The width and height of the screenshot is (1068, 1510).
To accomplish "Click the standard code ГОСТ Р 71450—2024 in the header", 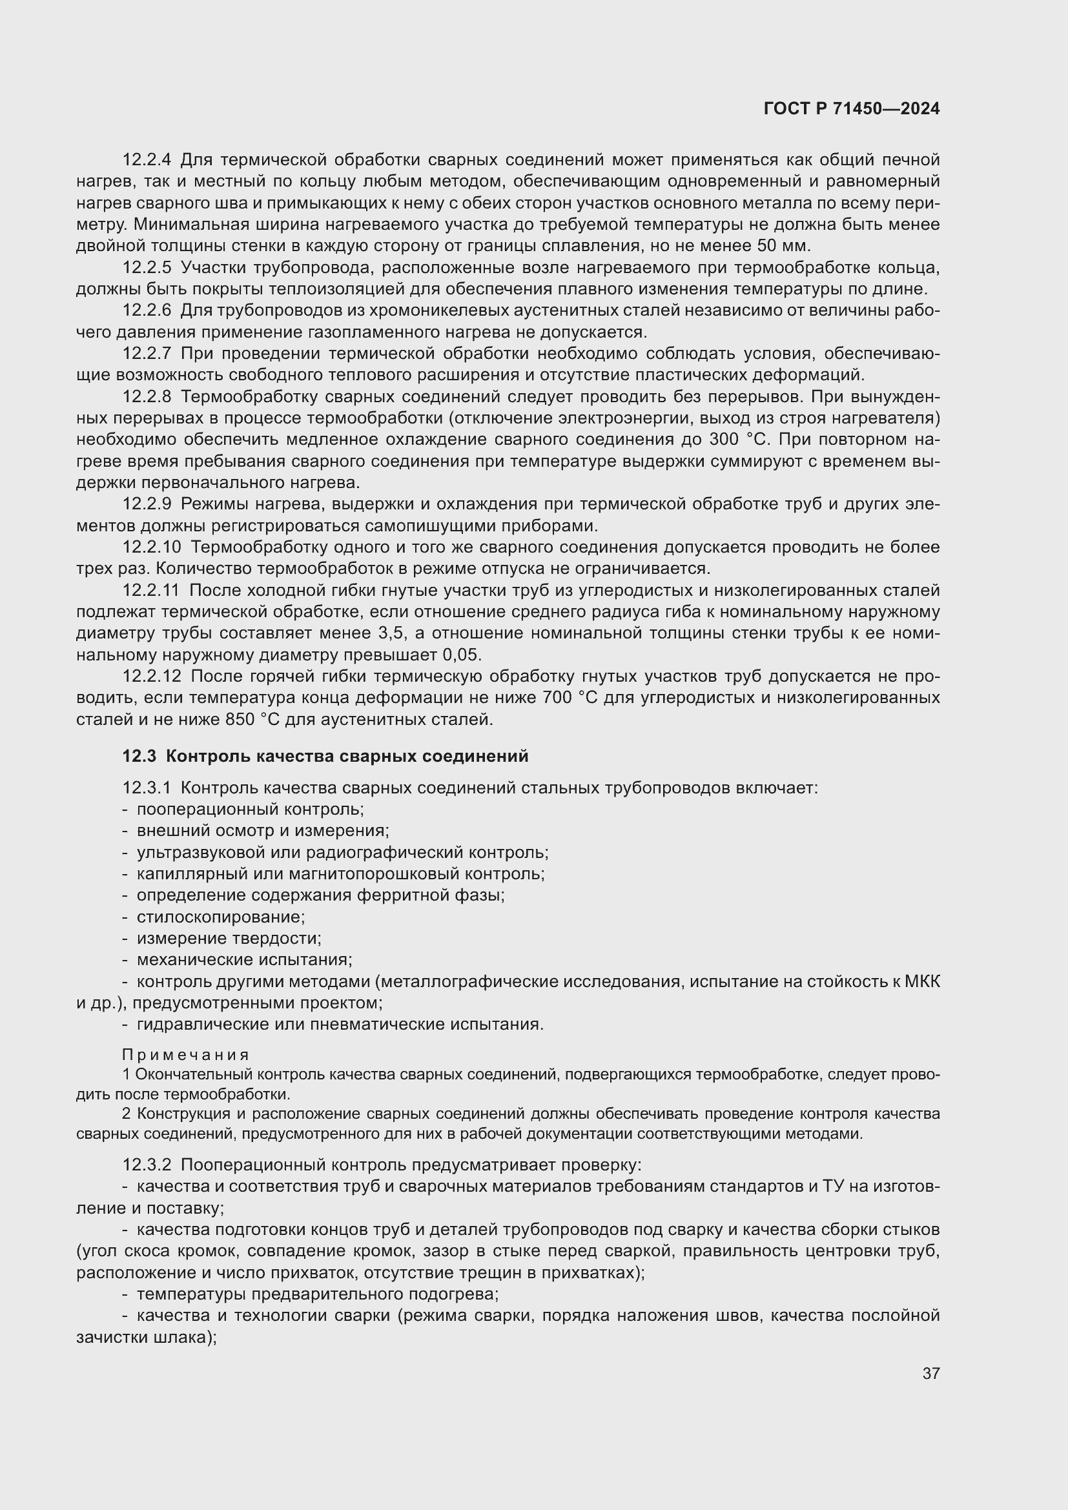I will [852, 109].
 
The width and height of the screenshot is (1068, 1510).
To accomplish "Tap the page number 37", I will [930, 1373].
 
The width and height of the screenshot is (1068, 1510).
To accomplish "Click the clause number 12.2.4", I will [147, 160].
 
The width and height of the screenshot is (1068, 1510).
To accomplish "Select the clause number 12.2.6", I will [147, 310].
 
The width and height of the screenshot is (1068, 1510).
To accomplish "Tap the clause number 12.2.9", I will [147, 504].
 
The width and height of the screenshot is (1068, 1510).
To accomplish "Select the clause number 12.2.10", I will [151, 547].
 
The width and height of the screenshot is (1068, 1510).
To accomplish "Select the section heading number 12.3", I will [139, 757].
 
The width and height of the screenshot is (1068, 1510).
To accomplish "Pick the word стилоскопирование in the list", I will [220, 917].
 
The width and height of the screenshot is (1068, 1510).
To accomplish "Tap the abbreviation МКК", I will [922, 982].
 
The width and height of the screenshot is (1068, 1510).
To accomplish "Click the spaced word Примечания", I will [185, 1055].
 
